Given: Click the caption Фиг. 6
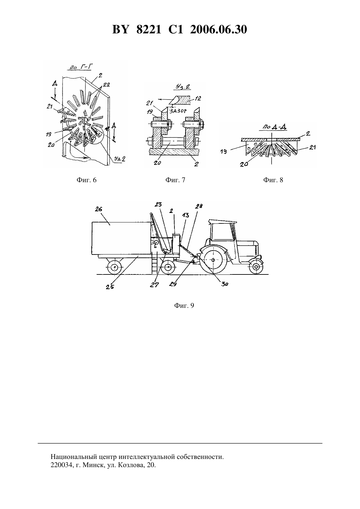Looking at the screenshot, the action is (87, 180).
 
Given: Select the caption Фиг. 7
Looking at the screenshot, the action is (175, 180).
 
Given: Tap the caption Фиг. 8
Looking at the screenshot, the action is (273, 180).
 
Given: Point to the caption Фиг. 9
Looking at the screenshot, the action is (184, 306).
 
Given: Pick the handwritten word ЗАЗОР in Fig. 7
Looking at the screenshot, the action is (178, 111).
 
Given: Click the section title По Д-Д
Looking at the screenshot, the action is (273, 127).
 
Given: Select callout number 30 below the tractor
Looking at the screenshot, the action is (225, 284).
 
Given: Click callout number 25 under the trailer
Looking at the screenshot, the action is (110, 287).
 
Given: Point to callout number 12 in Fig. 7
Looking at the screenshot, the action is (198, 98).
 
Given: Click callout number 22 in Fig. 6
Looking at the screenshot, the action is (107, 84).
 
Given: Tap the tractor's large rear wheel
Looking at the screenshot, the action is (213, 260).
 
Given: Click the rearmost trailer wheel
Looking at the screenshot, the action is (114, 267).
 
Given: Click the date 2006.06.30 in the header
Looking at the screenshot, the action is (219, 30).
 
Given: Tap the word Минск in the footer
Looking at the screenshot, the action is (93, 465).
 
